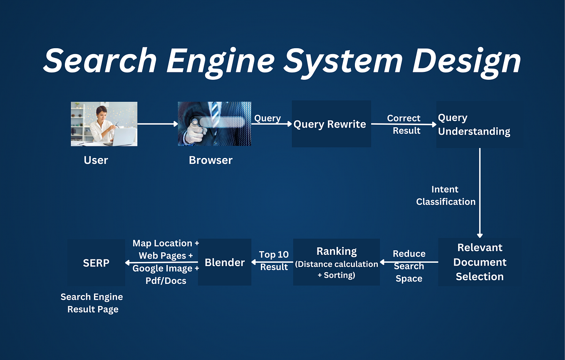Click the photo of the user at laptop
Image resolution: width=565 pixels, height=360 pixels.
tap(104, 124)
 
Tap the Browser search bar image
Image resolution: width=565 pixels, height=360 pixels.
tap(214, 124)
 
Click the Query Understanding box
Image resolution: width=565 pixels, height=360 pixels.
tap(478, 124)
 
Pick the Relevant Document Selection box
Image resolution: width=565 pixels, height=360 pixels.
tap(479, 262)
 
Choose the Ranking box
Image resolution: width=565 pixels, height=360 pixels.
tap(336, 262)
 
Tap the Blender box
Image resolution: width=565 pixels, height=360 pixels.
tap(225, 262)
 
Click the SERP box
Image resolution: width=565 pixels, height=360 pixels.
tap(96, 263)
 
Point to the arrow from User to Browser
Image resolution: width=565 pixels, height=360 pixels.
tap(157, 123)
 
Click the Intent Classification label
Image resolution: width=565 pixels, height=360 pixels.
tap(445, 195)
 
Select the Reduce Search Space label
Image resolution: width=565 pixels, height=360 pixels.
tap(409, 266)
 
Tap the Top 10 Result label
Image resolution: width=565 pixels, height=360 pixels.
tap(274, 261)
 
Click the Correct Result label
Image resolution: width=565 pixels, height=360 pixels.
tap(404, 124)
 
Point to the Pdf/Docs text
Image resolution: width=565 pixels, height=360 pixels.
tap(166, 281)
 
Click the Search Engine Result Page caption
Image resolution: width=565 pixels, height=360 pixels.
tap(92, 303)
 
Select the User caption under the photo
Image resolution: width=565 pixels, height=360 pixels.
tap(96, 160)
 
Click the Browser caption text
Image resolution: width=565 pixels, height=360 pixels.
tap(211, 160)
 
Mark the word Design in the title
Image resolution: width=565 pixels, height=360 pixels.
tap(466, 61)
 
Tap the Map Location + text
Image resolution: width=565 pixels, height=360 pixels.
tap(166, 243)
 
